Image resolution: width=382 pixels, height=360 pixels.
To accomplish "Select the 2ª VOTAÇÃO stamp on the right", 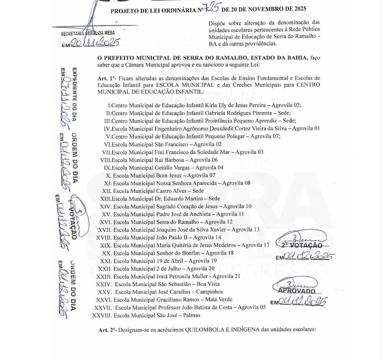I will pos(302,245).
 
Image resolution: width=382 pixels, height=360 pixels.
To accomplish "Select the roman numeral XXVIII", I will pos(102,315).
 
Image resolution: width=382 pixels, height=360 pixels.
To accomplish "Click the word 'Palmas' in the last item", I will pos(190,315).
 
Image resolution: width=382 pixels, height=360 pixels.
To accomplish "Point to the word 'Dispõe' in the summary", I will pos(217,23).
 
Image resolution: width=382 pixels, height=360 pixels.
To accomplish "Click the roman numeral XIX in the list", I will pos(105,245).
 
